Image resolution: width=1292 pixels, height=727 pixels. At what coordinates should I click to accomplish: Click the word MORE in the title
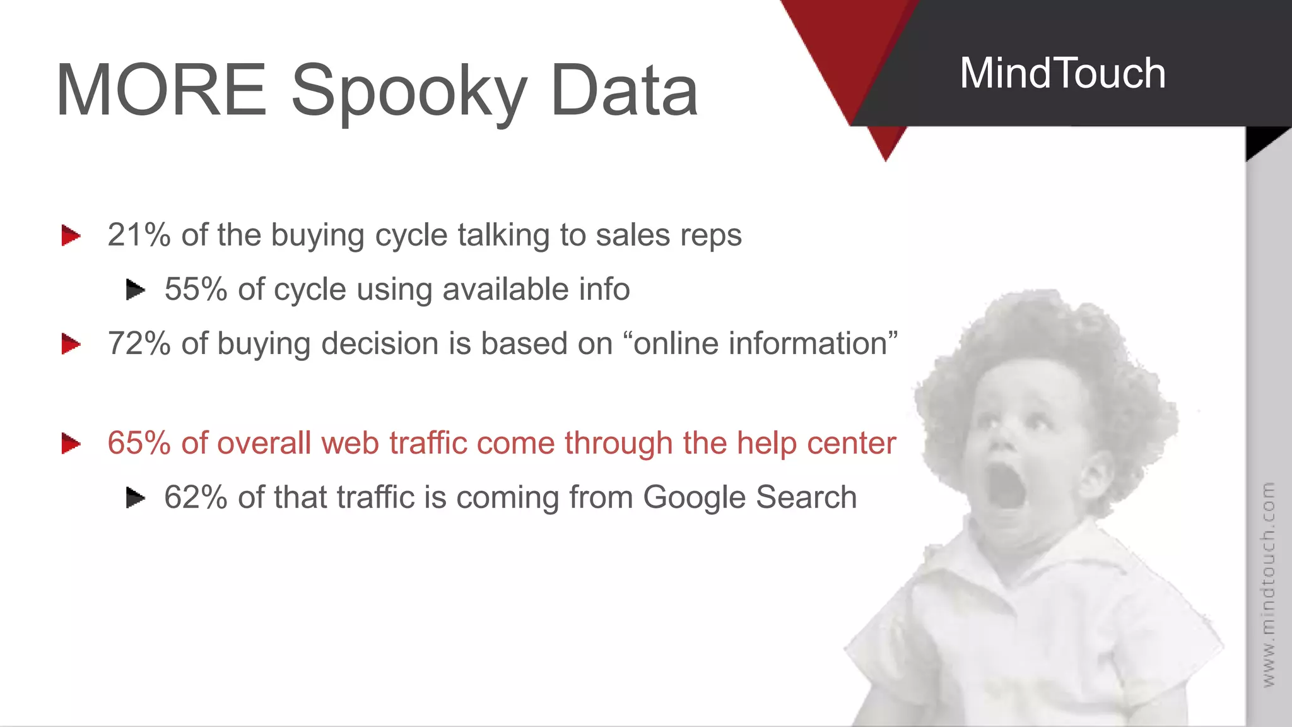[161, 90]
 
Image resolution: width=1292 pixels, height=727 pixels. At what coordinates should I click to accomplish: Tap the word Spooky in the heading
[409, 92]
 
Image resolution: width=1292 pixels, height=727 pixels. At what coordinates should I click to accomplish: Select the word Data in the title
[624, 90]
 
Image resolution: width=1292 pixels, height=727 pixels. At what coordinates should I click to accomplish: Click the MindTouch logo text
[1062, 73]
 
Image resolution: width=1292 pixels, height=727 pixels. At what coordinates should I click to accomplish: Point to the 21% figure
[139, 235]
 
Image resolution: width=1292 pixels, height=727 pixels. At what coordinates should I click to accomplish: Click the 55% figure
[196, 289]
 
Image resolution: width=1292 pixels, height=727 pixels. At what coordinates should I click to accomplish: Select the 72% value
[139, 344]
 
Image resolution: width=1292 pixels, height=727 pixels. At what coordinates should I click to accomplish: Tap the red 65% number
[139, 443]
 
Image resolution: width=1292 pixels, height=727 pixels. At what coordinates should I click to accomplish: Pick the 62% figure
[196, 497]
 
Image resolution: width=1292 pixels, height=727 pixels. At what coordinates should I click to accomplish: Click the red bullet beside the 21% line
[71, 236]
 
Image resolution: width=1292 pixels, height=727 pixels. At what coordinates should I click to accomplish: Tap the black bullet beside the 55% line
[135, 290]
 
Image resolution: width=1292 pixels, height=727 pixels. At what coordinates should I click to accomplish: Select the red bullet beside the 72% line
[71, 345]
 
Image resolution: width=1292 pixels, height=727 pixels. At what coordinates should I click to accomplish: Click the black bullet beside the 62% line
[135, 498]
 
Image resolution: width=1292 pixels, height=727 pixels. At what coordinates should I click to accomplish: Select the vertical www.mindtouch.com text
[1268, 584]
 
